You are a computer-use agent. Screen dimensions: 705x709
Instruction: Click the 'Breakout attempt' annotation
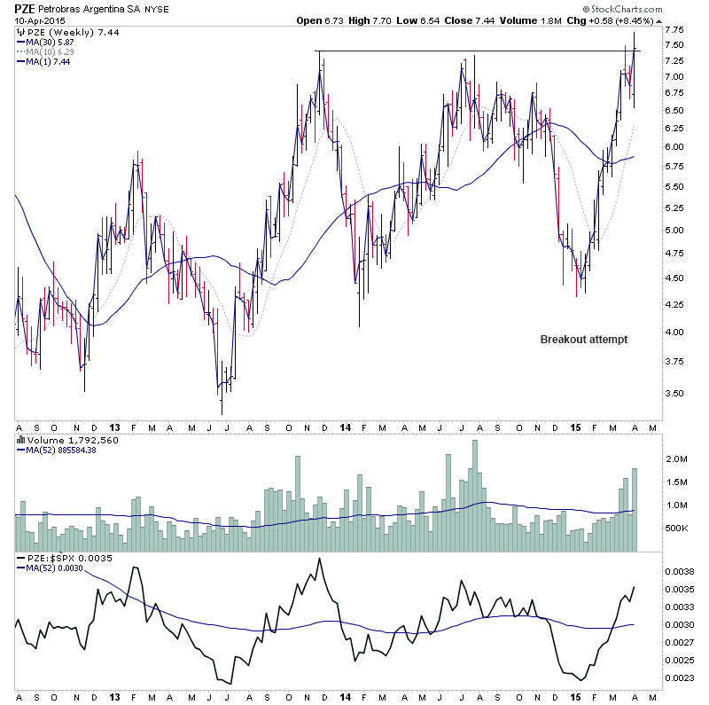coord(585,339)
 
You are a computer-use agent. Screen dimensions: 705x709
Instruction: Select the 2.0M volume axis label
coord(677,459)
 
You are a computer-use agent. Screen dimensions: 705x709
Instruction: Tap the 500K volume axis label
coord(676,528)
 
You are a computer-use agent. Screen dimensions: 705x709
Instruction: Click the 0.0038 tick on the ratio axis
coord(680,573)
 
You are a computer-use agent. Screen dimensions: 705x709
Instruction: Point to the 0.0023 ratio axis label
coord(680,679)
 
